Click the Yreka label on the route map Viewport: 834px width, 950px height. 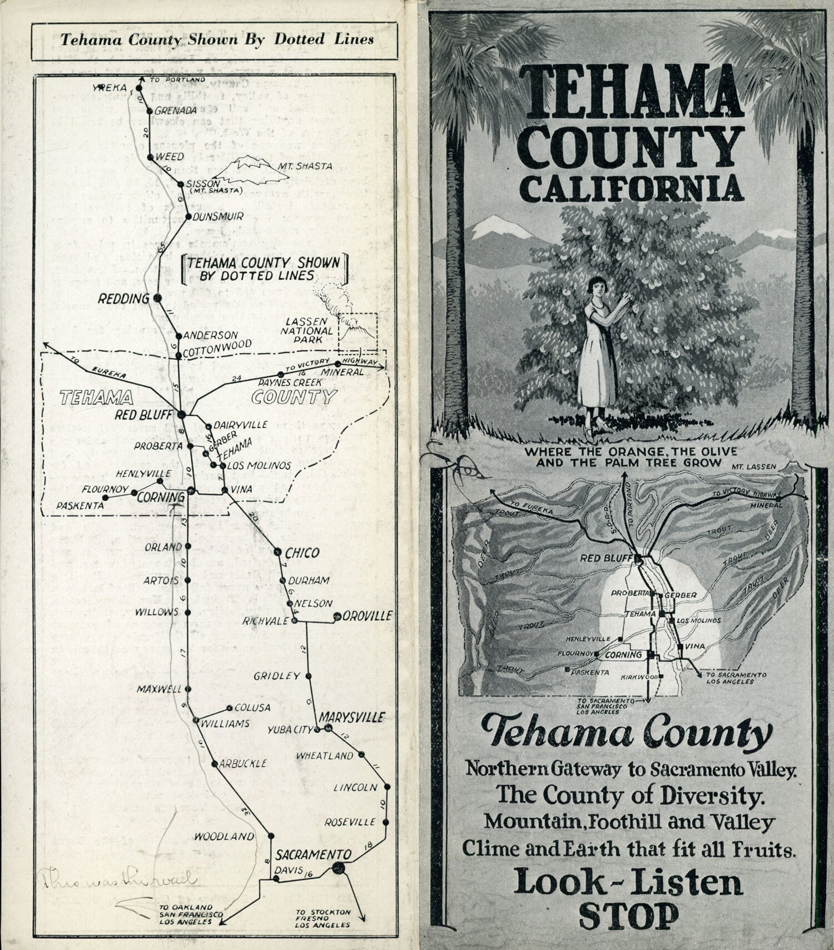click(x=116, y=87)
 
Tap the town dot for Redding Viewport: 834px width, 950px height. click(x=157, y=298)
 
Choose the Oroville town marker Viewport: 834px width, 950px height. click(x=337, y=616)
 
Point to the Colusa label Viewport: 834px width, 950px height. click(x=252, y=707)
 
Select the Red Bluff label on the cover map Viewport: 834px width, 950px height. click(x=608, y=558)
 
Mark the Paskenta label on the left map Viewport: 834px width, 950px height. click(x=80, y=506)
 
